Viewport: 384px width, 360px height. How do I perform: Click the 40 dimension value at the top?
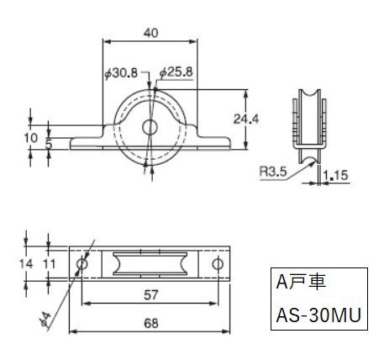(x=150, y=33)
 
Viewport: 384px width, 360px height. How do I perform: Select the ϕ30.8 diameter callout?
(x=121, y=73)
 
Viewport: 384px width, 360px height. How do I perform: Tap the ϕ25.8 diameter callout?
(x=176, y=72)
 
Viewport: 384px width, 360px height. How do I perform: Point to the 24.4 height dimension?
(x=246, y=119)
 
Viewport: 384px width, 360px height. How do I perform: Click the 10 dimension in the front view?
(x=30, y=138)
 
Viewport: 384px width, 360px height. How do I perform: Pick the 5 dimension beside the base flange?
(x=49, y=145)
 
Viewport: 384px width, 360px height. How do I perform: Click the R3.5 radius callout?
(x=273, y=171)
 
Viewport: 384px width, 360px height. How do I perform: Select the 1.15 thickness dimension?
(x=335, y=176)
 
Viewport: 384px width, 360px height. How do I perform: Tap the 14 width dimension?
(x=26, y=264)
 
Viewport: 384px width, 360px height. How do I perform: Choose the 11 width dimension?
(x=50, y=264)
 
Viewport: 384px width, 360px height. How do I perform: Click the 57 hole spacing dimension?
(x=151, y=295)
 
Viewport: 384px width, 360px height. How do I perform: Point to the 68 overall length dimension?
(x=151, y=324)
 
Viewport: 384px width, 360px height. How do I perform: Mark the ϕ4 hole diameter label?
(x=46, y=319)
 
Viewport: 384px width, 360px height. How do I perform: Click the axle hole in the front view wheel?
(x=150, y=128)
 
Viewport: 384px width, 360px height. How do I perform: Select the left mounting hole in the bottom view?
(x=82, y=264)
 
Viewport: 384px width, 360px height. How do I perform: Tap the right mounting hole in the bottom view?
(x=218, y=264)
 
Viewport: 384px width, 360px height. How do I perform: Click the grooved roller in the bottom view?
(x=150, y=264)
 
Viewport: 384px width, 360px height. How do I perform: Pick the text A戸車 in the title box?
(x=301, y=282)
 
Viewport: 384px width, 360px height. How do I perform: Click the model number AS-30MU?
(x=318, y=315)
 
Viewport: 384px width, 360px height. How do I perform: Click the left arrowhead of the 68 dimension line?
(x=72, y=331)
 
